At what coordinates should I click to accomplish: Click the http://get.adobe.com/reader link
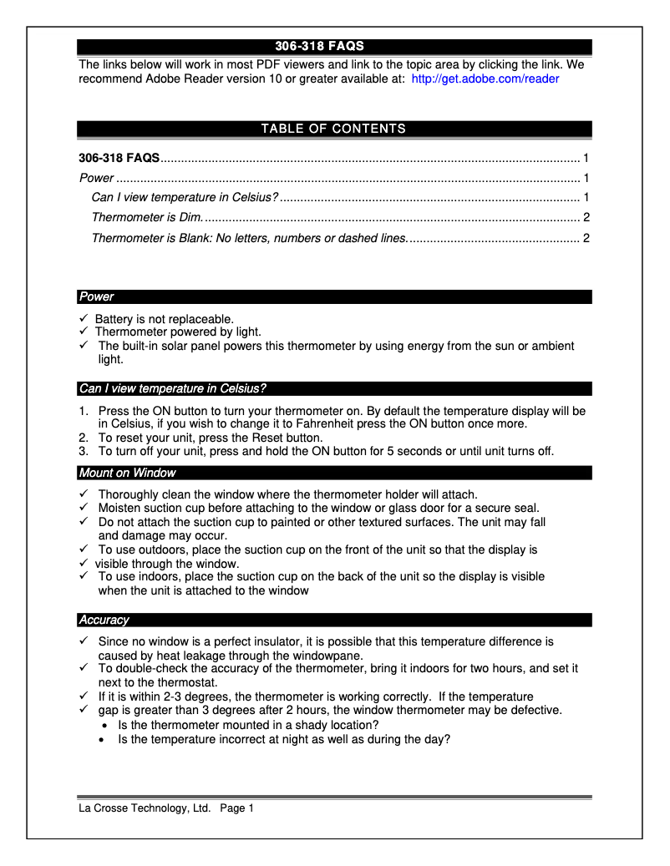tap(485, 79)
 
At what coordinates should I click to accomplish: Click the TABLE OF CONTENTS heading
tap(333, 129)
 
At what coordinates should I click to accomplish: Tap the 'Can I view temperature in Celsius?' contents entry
tap(185, 198)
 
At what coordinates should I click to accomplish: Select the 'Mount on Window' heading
tap(127, 473)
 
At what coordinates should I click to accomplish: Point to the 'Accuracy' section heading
tap(104, 620)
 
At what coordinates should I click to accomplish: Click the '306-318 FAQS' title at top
tap(319, 46)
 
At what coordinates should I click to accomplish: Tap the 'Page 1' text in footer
tap(237, 808)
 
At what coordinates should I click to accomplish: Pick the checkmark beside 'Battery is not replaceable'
tap(84, 319)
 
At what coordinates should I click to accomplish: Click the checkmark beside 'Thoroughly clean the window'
tap(84, 494)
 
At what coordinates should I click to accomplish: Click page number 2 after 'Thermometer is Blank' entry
tap(586, 238)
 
